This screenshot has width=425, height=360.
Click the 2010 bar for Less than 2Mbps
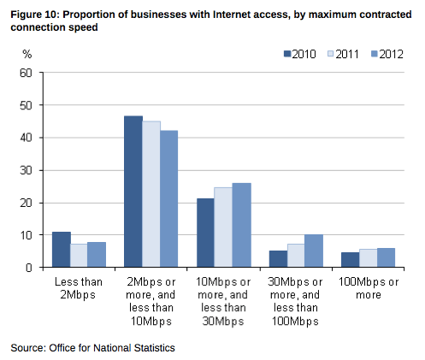point(62,250)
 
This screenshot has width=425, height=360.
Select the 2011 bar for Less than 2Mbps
point(80,256)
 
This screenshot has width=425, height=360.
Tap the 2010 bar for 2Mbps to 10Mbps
point(133,192)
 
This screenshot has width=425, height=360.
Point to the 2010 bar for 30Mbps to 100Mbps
point(278,259)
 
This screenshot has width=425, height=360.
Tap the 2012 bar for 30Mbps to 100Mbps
point(315,251)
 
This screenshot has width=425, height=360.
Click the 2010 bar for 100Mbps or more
point(351,260)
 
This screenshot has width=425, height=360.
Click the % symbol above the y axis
point(27,55)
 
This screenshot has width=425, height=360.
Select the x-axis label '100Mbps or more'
point(369,288)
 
